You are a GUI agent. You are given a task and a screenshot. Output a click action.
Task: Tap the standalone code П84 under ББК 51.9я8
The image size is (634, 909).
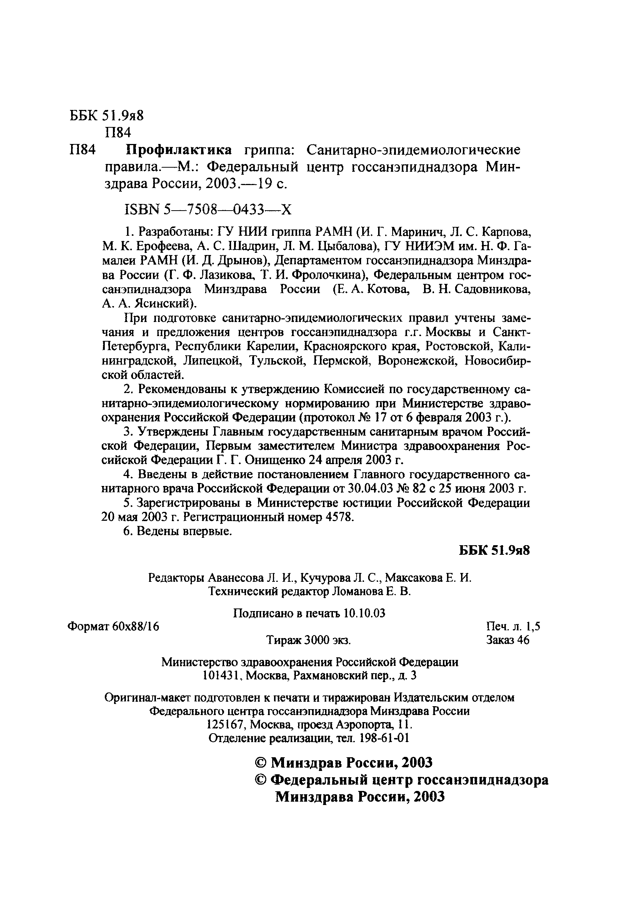(118, 132)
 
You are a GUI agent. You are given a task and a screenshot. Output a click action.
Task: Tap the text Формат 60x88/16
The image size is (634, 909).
(113, 626)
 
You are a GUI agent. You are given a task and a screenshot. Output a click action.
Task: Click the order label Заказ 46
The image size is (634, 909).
(508, 640)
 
